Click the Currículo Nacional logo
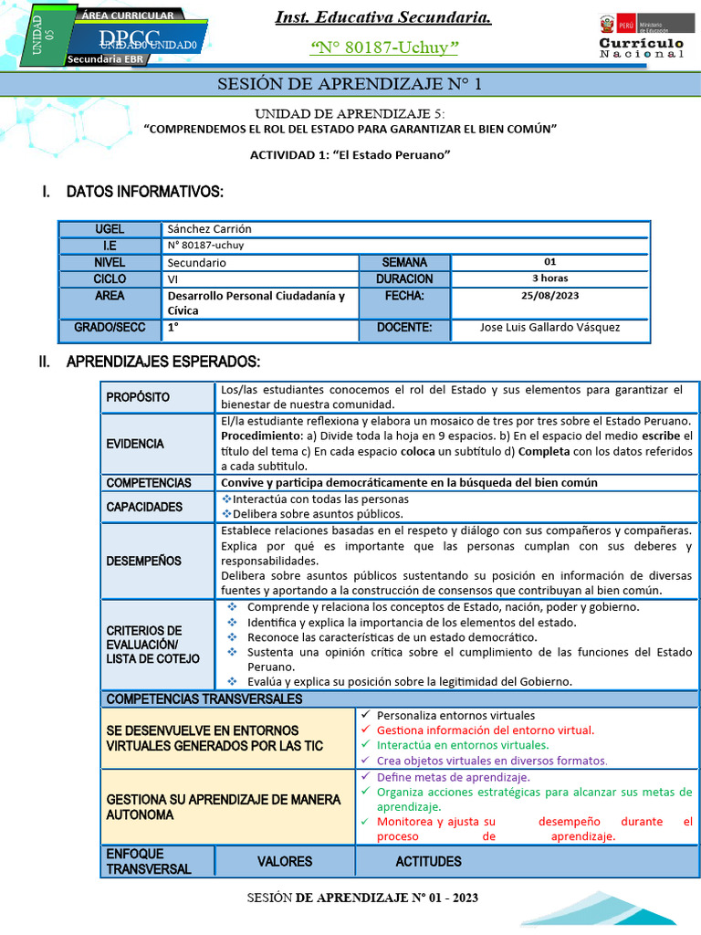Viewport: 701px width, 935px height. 641,37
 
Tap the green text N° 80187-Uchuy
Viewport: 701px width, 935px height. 384,47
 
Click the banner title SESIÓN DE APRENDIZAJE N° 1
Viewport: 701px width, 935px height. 350,85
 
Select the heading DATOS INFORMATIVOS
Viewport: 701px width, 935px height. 144,192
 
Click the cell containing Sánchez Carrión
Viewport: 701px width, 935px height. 209,229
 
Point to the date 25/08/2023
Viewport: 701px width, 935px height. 549,296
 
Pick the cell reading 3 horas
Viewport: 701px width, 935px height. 549,278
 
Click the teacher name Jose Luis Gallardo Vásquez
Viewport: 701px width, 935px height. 549,327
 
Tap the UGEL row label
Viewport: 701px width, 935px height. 110,229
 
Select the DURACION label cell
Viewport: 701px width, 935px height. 404,278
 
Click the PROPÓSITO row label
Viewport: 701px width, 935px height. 138,397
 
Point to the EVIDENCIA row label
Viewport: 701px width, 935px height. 135,444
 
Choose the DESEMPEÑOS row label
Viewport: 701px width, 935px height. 143,561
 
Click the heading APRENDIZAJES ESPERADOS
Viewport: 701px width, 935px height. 163,362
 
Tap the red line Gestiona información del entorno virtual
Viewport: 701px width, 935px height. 485,730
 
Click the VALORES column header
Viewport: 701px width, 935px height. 284,861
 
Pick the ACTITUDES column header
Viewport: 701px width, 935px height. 428,861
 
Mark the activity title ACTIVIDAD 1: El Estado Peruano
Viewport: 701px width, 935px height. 350,154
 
